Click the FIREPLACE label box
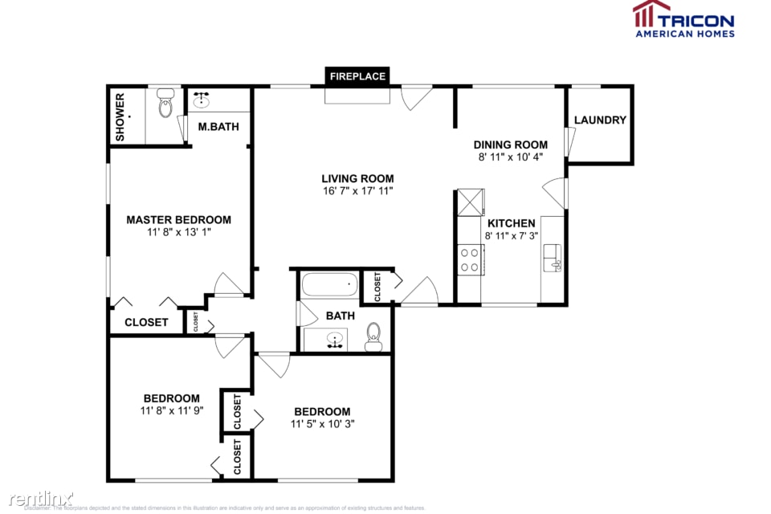coord(357,76)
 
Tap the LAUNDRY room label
coord(600,120)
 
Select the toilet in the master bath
coord(166,105)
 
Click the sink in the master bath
coord(201,101)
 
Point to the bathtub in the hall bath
coord(329,284)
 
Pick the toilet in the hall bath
coord(373,337)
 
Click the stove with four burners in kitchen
coord(470,259)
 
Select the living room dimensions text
coord(357,191)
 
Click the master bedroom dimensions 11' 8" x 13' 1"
coord(178,232)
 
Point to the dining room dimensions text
coord(511,157)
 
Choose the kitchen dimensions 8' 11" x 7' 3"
coord(510,236)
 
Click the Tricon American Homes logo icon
coord(651,14)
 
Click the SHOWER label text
coord(120,117)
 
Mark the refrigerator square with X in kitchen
coord(471,202)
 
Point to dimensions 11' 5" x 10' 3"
coord(321,424)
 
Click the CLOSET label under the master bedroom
coord(146,322)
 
